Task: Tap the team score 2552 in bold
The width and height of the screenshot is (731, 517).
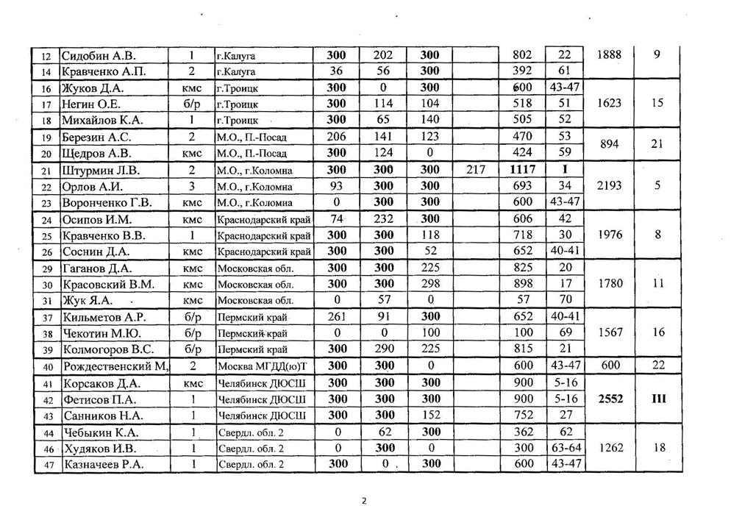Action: (610, 399)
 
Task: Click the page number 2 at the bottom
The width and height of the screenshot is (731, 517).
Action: (363, 502)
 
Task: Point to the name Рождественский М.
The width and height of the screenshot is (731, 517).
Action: (117, 366)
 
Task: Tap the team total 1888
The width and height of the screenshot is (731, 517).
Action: (610, 55)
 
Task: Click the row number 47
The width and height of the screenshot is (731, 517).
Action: (47, 464)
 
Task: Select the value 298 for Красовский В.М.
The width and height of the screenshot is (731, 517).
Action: (430, 284)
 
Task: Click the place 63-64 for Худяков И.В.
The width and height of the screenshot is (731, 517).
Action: (565, 448)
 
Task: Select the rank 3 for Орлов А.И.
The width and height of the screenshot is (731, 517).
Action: (191, 186)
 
